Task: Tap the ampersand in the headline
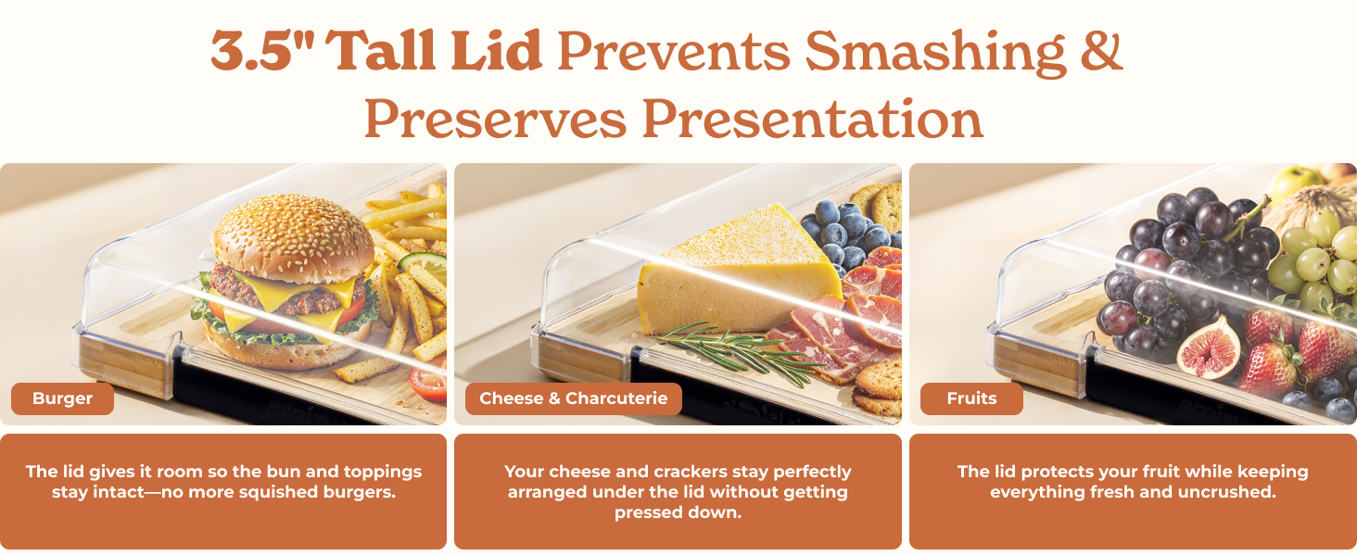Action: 1100,51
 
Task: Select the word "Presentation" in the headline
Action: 812,119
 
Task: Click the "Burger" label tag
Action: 62,399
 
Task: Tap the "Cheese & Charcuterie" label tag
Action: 573,399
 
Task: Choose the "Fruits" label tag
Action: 971,399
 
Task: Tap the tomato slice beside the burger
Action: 428,382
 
